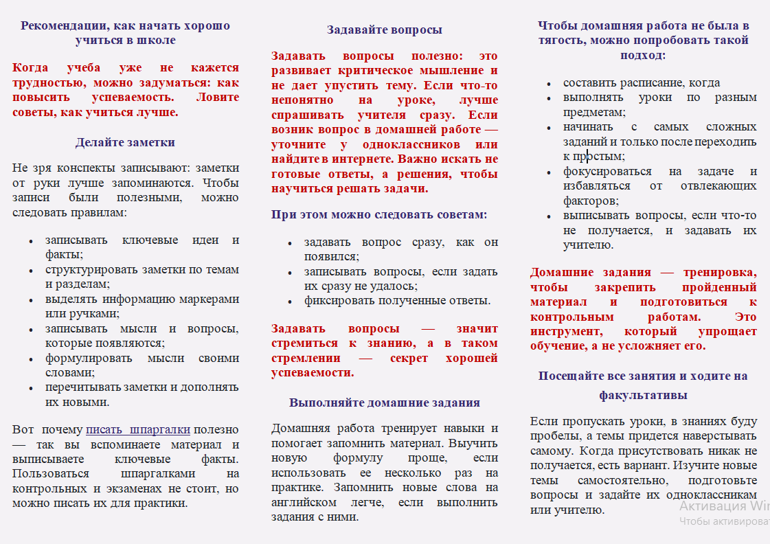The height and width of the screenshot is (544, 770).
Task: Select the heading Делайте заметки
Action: pyautogui.click(x=125, y=143)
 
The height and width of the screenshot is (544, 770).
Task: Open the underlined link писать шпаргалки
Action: pyautogui.click(x=137, y=430)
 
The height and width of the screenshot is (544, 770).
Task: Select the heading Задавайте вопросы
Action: pyautogui.click(x=384, y=30)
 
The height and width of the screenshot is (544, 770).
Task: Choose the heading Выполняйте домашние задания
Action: pyautogui.click(x=384, y=403)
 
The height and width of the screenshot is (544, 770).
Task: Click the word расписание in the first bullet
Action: pyautogui.click(x=644, y=82)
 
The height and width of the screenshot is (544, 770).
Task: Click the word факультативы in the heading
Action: pyautogui.click(x=643, y=396)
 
